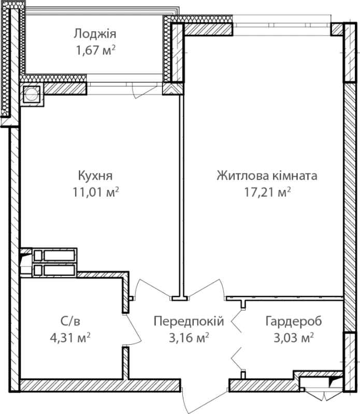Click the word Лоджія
[x=95, y=34]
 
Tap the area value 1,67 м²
[x=96, y=50]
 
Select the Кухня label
[x=95, y=176]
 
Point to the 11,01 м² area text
[x=96, y=192]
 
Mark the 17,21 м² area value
[x=267, y=192]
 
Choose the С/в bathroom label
[x=70, y=321]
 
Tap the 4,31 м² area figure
[x=70, y=337]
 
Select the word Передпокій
[x=189, y=321]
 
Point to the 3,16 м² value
[x=189, y=337]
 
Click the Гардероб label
[x=294, y=321]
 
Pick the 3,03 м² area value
[x=294, y=337]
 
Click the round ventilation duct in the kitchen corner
[x=32, y=94]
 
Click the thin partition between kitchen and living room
[x=182, y=196]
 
